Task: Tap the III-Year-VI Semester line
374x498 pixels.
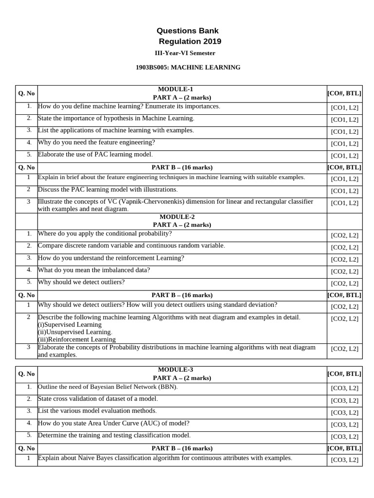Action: point(185,53)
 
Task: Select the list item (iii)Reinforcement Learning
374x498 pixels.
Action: point(76,339)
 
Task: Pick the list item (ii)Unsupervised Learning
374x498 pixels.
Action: point(75,332)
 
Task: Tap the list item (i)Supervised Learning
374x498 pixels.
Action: point(70,324)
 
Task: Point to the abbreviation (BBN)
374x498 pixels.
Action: point(168,387)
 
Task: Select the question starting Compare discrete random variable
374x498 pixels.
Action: point(131,246)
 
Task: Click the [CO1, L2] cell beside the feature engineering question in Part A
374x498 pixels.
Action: point(344,144)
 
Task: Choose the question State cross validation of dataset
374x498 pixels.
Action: point(97,399)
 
